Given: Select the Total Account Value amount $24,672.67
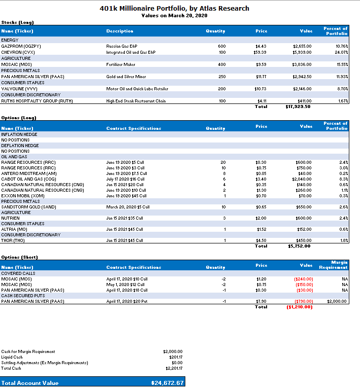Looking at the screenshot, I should coord(168,383).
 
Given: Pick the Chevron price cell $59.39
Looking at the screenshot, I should coord(260,52).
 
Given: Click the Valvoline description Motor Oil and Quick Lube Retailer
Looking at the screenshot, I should coord(134,89).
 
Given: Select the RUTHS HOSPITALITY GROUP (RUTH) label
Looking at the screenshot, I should coord(37,101).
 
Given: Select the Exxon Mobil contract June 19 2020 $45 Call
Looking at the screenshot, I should coord(126,196).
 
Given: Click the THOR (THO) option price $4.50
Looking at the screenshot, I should coord(261,240).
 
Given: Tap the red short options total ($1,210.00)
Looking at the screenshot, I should coord(300,307).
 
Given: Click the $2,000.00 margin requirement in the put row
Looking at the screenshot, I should coord(337,301).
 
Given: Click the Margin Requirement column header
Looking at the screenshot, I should coord(336,265).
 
